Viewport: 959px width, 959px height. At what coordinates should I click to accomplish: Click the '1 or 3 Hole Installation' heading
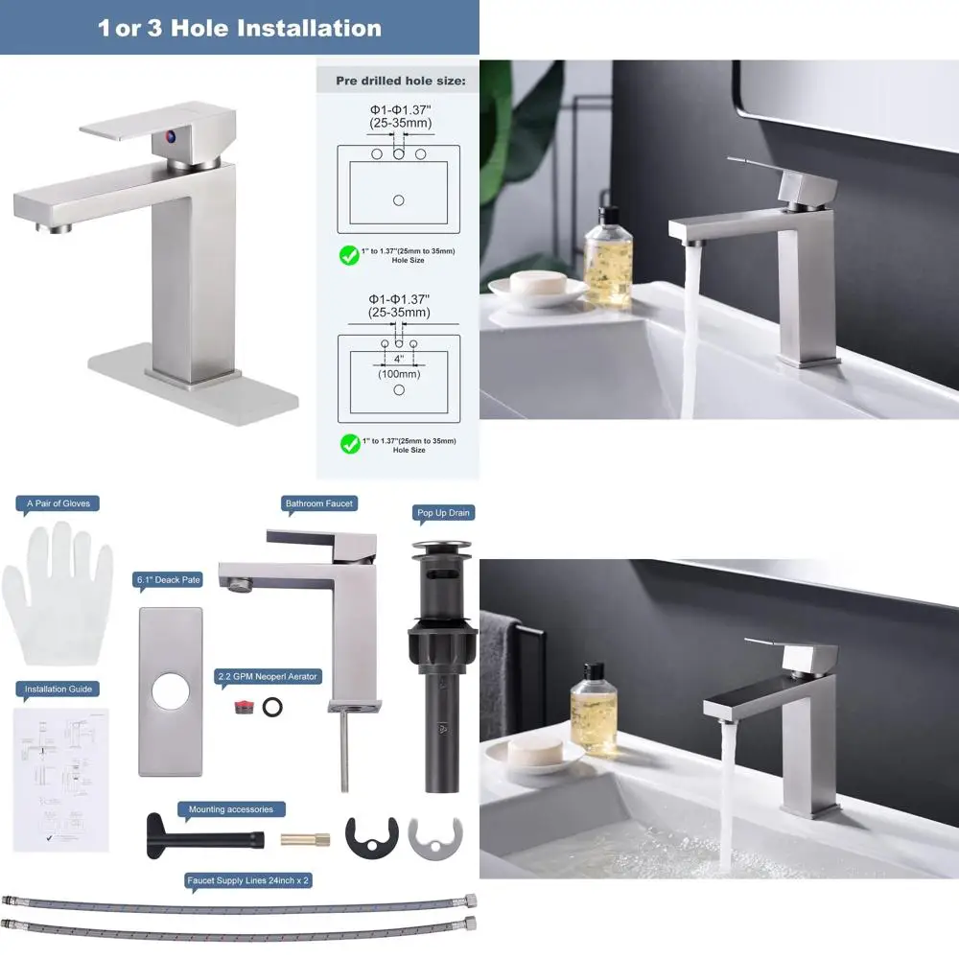[239, 28]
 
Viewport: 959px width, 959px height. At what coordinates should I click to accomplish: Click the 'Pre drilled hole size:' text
[401, 81]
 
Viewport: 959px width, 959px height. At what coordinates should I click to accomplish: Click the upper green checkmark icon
[350, 255]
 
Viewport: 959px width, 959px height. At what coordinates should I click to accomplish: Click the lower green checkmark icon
[350, 444]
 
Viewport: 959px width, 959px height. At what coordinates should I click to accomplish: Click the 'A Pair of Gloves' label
[58, 503]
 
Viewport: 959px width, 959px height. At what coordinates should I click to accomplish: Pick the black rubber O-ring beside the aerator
[273, 707]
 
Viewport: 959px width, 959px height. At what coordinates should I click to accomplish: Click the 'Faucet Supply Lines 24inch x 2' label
[248, 879]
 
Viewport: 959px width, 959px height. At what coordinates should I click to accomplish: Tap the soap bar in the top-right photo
[535, 285]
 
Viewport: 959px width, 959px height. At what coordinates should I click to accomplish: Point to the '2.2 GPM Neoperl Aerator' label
[269, 676]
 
